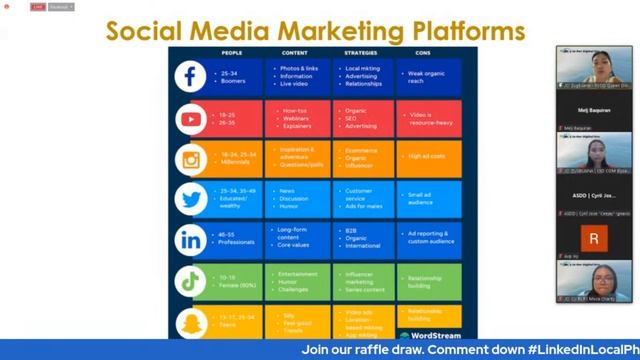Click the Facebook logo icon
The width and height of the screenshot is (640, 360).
[190, 76]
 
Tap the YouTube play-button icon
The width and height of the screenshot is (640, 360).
[190, 118]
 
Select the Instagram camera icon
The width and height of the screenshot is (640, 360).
[190, 159]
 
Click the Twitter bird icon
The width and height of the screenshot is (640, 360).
[190, 199]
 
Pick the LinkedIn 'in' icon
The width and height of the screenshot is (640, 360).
[190, 240]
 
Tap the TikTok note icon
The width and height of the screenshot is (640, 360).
[190, 281]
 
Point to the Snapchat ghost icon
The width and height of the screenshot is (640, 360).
[190, 322]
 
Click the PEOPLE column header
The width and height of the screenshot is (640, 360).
[231, 52]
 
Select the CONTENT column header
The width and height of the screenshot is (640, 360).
[294, 52]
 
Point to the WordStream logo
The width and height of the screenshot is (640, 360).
[436, 334]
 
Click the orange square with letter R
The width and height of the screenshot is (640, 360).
[594, 239]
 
